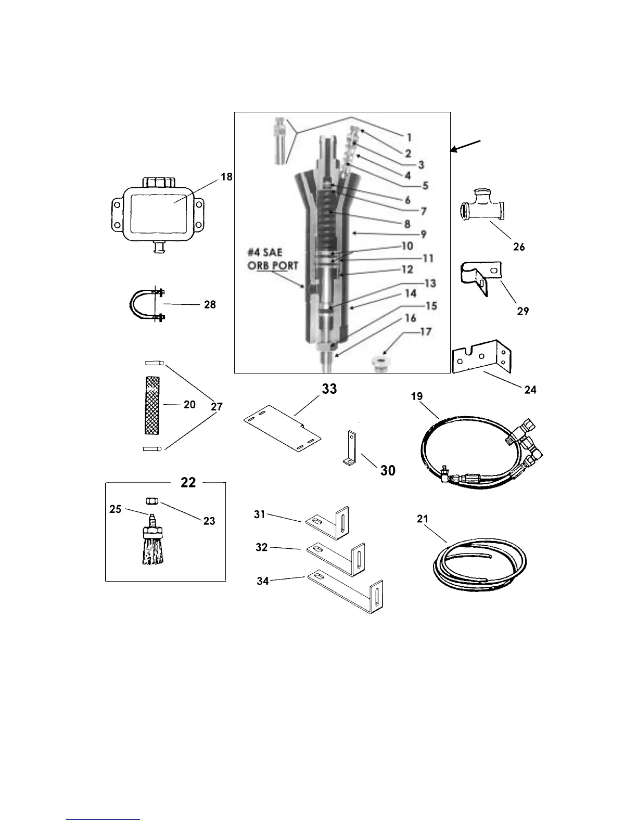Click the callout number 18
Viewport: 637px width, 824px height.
(226, 177)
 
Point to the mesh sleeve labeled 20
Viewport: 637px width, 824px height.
(154, 404)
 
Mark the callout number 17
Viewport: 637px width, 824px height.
(425, 331)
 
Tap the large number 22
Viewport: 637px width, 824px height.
(188, 483)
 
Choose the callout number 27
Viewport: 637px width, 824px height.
(217, 407)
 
